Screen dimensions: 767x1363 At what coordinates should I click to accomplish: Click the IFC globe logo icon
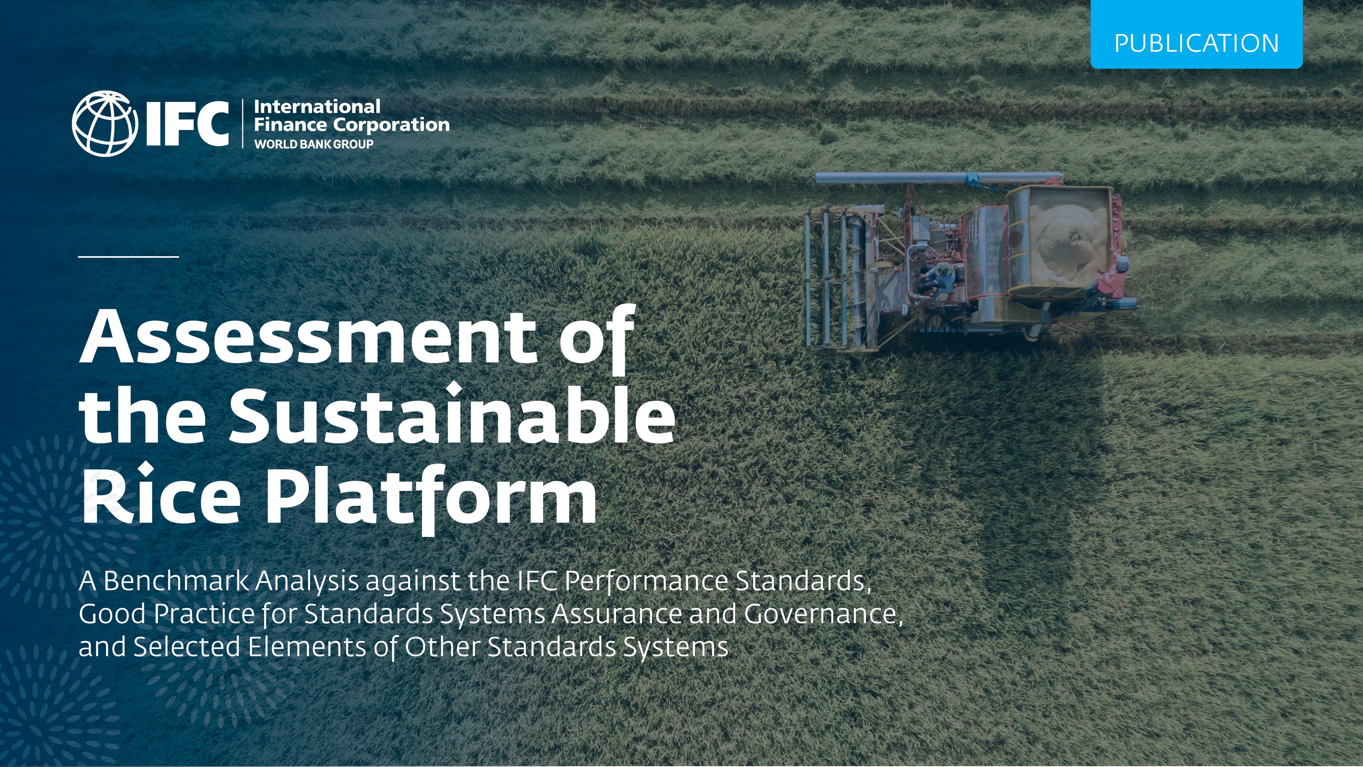(x=104, y=123)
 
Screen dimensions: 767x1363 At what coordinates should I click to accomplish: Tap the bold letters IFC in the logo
(x=186, y=123)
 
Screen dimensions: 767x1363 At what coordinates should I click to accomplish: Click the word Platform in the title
(x=430, y=495)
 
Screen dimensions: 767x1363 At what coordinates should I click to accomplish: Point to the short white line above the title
(x=128, y=257)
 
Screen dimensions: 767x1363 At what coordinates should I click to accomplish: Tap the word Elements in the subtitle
(x=307, y=647)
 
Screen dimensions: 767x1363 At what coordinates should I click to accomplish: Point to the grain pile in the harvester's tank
(x=1066, y=241)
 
